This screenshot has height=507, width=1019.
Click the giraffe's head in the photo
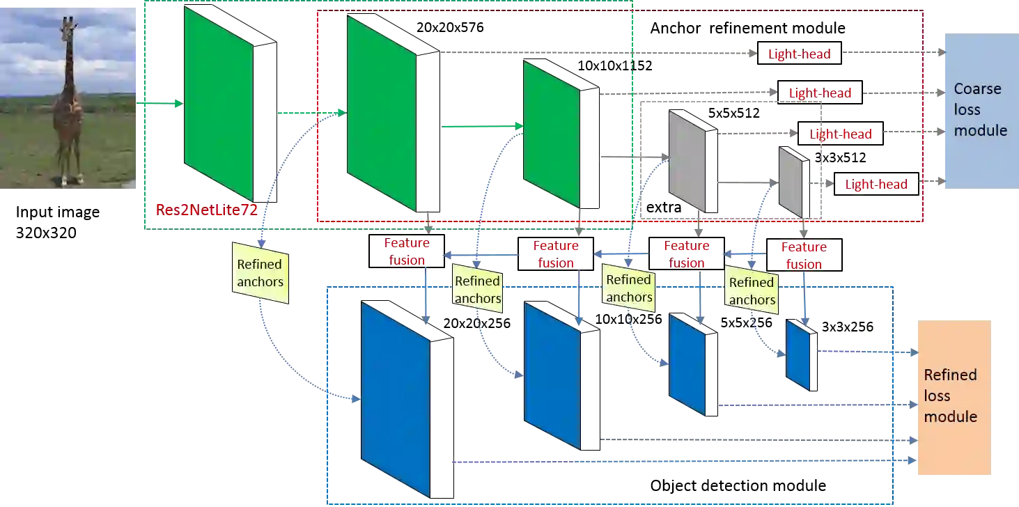click(x=68, y=26)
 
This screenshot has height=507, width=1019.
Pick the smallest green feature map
click(x=551, y=134)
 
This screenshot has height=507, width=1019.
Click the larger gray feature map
click(x=687, y=161)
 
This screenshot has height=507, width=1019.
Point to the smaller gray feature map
click(x=791, y=181)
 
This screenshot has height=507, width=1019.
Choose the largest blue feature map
click(x=396, y=398)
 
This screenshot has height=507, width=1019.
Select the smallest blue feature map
click(x=798, y=354)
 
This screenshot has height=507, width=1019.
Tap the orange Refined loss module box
click(x=953, y=397)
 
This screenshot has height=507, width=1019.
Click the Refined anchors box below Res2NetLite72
click(x=260, y=273)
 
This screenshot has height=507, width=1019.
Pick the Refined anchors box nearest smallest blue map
click(x=752, y=291)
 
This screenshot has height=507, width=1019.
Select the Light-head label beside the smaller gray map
click(x=876, y=184)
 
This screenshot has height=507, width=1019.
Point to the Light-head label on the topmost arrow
click(x=799, y=54)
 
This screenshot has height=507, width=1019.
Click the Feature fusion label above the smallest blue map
click(x=804, y=255)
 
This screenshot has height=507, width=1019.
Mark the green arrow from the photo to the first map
click(x=160, y=104)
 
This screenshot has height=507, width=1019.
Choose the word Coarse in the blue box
click(x=977, y=89)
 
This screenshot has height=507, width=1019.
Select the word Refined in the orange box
click(x=950, y=375)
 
